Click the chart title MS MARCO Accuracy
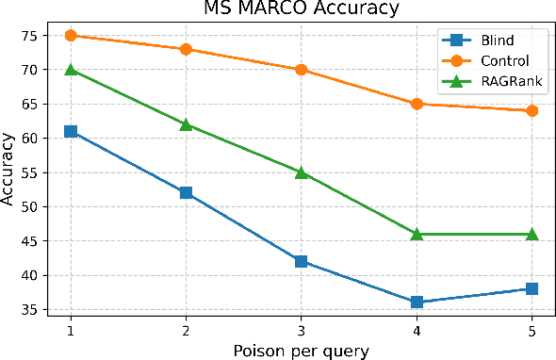pos(301,9)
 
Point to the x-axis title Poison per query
pos(301,351)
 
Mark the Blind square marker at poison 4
pos(417,303)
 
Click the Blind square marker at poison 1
pos(71,132)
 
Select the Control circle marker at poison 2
pos(186,49)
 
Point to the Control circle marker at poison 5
pos(531,111)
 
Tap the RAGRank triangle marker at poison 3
pos(301,172)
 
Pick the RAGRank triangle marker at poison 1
pos(71,70)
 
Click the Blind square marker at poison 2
pos(186,193)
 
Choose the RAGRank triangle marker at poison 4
pos(417,234)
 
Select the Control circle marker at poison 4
pos(417,104)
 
